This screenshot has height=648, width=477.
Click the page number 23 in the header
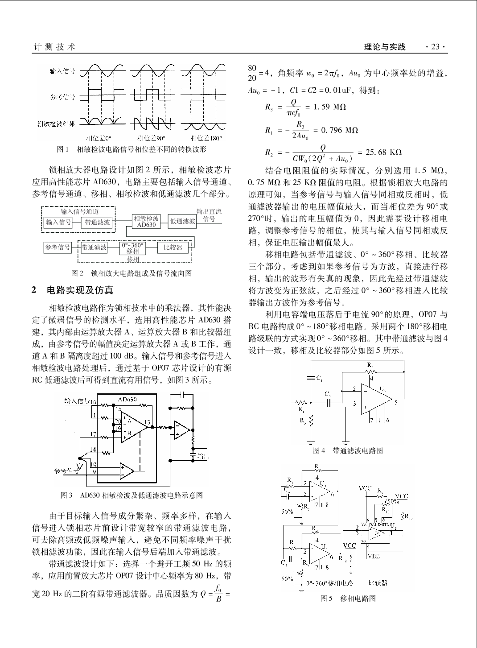pos(435,47)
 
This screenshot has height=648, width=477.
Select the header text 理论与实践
pos(385,47)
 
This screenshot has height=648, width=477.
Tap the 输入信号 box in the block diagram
pos(58,222)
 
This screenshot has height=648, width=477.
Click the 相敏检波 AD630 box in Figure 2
pos(146,222)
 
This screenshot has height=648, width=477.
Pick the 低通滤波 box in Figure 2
pos(182,221)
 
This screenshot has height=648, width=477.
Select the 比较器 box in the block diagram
pos(173,248)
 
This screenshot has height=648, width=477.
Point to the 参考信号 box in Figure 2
pos(58,248)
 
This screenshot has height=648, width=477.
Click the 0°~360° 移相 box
pos(133,248)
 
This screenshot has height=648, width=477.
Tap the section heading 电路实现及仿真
pos(80,290)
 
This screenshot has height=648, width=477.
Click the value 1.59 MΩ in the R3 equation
pos(329,107)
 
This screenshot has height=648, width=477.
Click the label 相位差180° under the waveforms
pos(203,138)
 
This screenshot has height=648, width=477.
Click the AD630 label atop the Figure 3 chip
pos(127,399)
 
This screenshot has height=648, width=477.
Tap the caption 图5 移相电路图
pos(348,598)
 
